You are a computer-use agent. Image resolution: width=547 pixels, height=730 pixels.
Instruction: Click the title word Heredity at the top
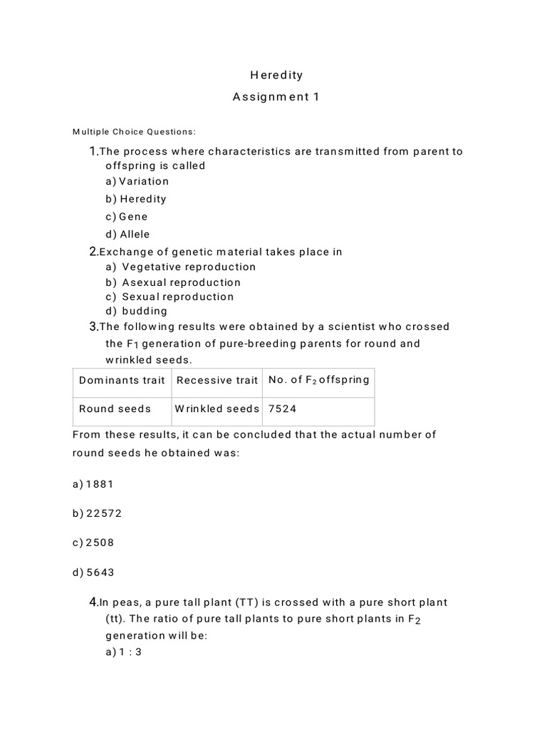pyautogui.click(x=276, y=75)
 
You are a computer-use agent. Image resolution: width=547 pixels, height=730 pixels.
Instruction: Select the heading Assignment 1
pyautogui.click(x=276, y=97)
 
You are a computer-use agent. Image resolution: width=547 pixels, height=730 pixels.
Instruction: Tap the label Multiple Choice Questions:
pyautogui.click(x=134, y=131)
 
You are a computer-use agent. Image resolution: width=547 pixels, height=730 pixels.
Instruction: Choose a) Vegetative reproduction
pyautogui.click(x=181, y=267)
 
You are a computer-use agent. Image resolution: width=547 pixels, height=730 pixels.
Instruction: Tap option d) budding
pyautogui.click(x=137, y=311)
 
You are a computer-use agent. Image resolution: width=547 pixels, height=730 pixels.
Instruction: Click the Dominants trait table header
pyautogui.click(x=122, y=380)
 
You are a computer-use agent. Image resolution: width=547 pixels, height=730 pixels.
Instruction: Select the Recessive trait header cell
pyautogui.click(x=217, y=380)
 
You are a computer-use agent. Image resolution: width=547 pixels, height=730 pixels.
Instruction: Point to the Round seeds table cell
pyautogui.click(x=115, y=409)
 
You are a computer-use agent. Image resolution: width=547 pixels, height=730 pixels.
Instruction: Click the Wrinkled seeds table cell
pyautogui.click(x=217, y=409)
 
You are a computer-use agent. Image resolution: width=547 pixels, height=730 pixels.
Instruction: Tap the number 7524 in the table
pyautogui.click(x=283, y=409)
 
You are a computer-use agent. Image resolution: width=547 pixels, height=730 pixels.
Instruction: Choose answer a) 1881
pyautogui.click(x=93, y=484)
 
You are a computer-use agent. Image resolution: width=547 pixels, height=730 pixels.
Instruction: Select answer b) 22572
pyautogui.click(x=97, y=513)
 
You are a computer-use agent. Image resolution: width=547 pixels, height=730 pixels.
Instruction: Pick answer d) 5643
pyautogui.click(x=93, y=572)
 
